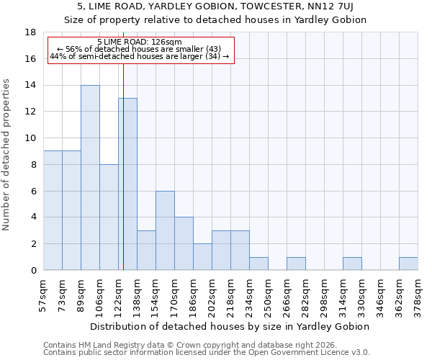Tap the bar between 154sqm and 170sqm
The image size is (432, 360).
tap(165, 230)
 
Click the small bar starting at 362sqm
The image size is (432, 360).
tap(408, 264)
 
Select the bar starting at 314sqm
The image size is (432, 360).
tap(352, 264)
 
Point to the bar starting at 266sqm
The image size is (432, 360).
tap(296, 264)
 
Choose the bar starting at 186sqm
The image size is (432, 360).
tap(202, 257)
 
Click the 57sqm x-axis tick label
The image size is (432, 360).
tap(44, 292)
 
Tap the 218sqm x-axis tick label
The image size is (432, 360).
tap(231, 292)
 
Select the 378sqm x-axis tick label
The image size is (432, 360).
tap(418, 292)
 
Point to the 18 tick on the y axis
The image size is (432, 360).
tap(31, 32)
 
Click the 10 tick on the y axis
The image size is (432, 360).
tap(31, 138)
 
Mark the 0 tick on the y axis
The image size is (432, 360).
tap(33, 271)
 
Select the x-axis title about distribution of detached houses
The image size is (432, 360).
tap(230, 326)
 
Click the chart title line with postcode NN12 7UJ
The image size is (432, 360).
tap(216, 6)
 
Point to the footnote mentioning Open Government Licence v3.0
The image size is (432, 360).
tap(207, 353)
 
